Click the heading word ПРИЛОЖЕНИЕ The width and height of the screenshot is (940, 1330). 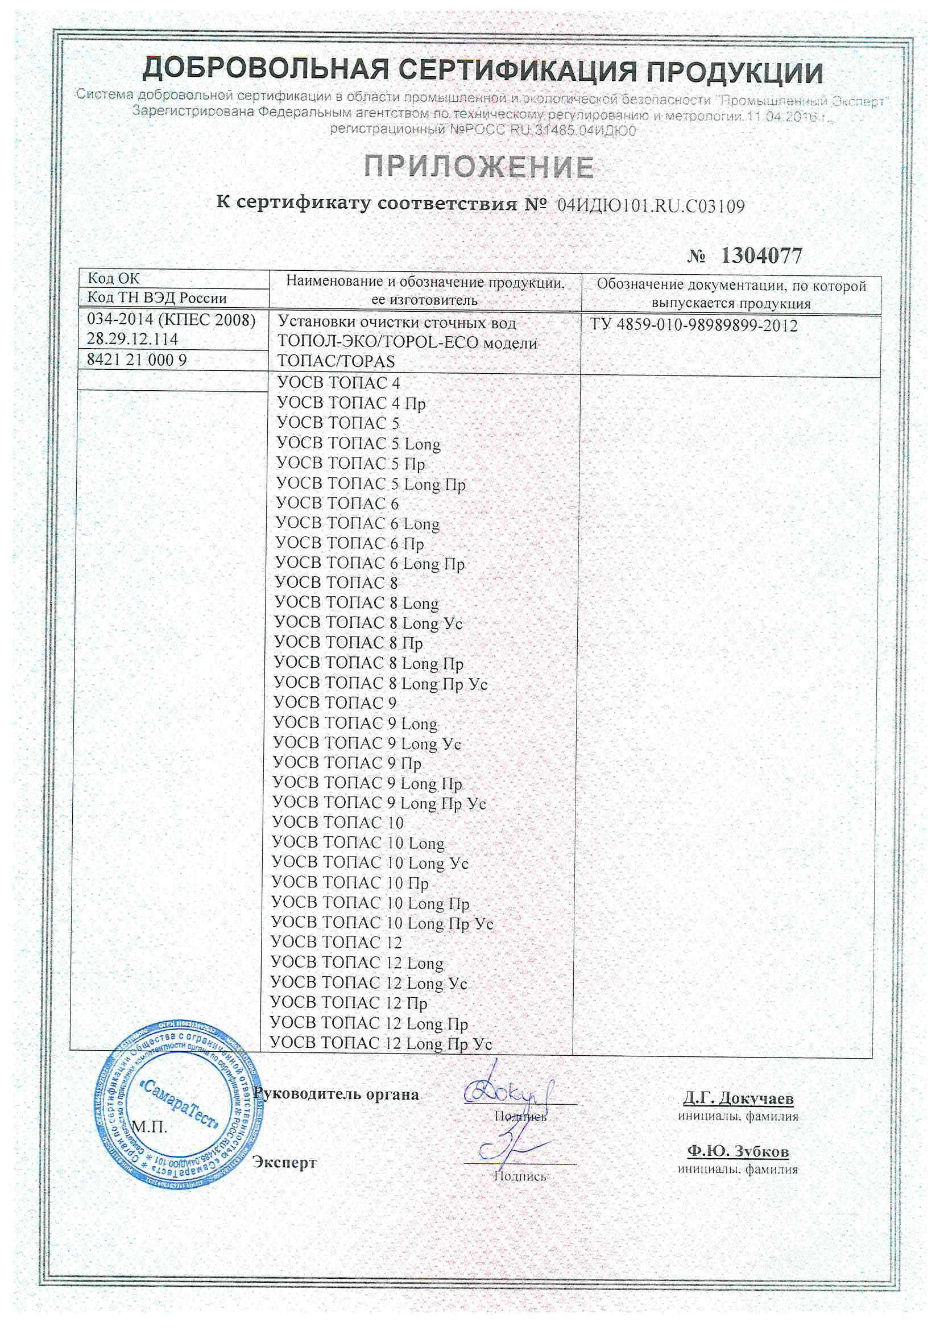coord(479,168)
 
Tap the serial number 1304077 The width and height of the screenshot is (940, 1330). coord(761,255)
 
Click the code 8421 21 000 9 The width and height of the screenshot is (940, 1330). coord(136,360)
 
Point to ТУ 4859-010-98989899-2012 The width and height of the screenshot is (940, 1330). coord(694,325)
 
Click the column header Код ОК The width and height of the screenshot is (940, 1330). coord(114,279)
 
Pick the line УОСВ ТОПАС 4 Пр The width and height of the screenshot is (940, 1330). coord(351,403)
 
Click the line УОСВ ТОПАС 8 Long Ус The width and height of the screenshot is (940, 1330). coord(368,623)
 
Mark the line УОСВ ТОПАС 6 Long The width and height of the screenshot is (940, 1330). coord(357,524)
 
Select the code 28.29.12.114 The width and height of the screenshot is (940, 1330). coord(132,339)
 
